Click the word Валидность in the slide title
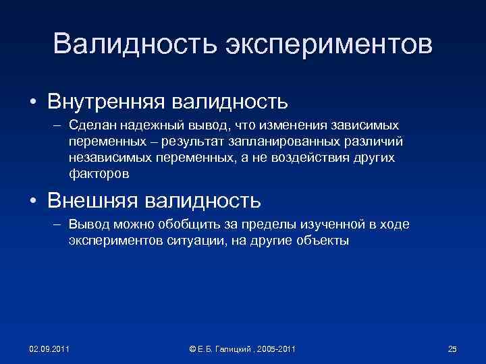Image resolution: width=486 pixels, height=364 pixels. coord(125,44)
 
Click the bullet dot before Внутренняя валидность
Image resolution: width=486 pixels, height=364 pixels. coord(32,102)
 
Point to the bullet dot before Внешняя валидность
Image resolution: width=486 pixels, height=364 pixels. coord(32,201)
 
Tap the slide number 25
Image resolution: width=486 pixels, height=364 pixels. coord(452,349)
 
